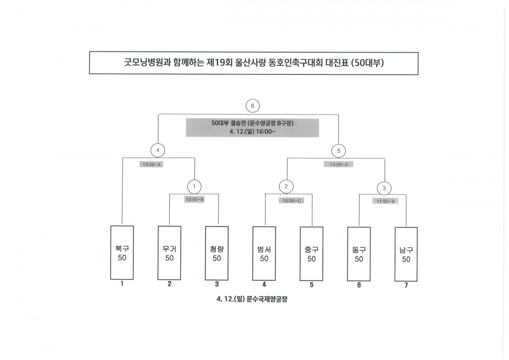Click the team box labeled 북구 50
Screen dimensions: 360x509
(x=122, y=253)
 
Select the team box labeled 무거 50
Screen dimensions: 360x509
(x=169, y=253)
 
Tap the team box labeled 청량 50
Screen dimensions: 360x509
(x=217, y=253)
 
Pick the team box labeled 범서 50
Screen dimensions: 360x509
(x=264, y=253)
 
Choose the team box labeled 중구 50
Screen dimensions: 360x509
(x=311, y=253)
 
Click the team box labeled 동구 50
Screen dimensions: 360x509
(x=359, y=254)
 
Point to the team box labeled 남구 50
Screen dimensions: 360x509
(x=406, y=254)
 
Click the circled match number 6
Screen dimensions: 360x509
(x=252, y=106)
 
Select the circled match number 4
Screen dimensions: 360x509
(x=158, y=151)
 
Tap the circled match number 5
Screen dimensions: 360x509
(x=339, y=151)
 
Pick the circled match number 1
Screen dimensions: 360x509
(x=194, y=186)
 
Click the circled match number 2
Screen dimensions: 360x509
(x=286, y=187)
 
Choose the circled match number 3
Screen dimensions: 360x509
(x=384, y=188)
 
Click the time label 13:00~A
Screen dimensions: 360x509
(x=151, y=164)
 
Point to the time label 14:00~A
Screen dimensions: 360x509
(x=339, y=164)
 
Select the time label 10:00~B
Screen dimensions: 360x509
(x=195, y=199)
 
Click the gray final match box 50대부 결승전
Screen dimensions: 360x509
(x=252, y=128)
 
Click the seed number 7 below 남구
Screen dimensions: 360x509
(x=406, y=286)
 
